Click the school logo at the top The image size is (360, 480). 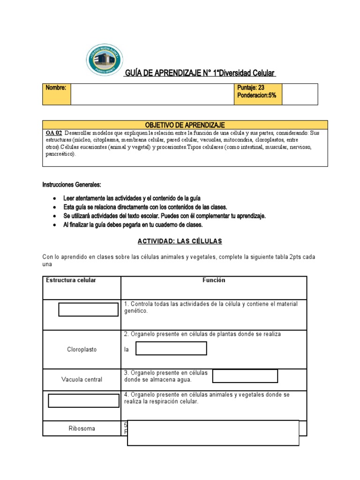[104, 61]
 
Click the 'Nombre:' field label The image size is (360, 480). [56, 88]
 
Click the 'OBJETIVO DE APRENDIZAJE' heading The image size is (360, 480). [185, 125]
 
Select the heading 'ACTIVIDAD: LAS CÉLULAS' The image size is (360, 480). [180, 241]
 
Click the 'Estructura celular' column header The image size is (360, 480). [71, 280]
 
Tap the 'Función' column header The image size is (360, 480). [214, 280]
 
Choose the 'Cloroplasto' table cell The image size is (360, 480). [82, 350]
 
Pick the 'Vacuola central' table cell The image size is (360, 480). [82, 379]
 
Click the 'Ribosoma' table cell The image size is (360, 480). [82, 428]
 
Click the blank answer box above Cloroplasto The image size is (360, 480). [88, 309]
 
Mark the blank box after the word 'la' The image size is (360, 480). [171, 348]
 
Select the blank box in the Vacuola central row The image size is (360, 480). [245, 376]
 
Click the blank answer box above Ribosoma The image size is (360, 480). [84, 401]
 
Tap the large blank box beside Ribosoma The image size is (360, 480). [213, 433]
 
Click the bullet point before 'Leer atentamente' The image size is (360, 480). [56, 199]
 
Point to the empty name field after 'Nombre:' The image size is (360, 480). [152, 94]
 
